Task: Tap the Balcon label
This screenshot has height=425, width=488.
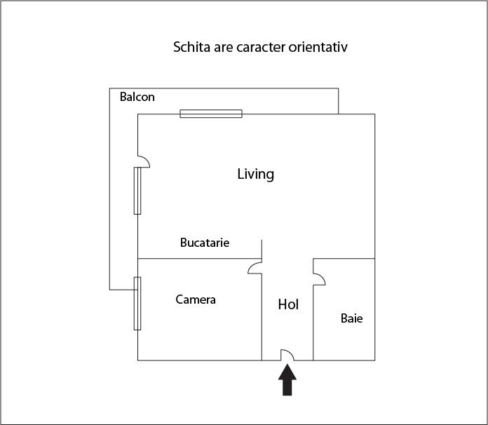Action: (x=137, y=97)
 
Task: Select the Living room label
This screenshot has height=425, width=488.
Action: (x=255, y=174)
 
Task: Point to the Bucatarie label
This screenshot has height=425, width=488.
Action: (x=205, y=243)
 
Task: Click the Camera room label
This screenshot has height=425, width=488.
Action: (x=196, y=299)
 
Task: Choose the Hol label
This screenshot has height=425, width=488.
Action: (x=288, y=304)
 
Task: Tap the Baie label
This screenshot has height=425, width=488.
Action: (x=352, y=318)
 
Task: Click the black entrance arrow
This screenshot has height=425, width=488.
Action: (x=287, y=382)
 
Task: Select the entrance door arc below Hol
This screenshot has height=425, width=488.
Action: (x=287, y=355)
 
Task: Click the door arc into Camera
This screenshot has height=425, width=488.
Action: (x=255, y=267)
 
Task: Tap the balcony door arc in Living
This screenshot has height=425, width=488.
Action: (x=144, y=161)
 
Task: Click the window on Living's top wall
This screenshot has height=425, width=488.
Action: (x=211, y=114)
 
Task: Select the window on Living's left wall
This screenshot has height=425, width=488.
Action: (x=137, y=190)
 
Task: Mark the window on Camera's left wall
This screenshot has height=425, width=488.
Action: (x=137, y=303)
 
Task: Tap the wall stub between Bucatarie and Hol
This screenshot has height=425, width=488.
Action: (x=262, y=249)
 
